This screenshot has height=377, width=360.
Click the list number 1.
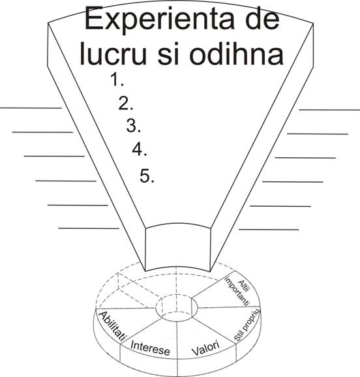click(117, 80)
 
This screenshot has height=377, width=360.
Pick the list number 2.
click(125, 104)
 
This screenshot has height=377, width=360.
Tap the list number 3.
click(134, 125)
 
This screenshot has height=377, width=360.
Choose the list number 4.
click(140, 149)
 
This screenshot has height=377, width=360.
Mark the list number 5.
click(147, 176)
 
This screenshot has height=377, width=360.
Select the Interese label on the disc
click(150, 348)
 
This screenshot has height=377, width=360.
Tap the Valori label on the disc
click(205, 348)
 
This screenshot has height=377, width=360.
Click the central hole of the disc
click(177, 307)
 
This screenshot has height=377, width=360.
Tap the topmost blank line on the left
click(31, 108)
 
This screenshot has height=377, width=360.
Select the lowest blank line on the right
click(269, 230)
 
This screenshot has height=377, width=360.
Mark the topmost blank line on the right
click(329, 110)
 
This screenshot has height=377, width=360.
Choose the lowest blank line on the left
click(89, 228)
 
